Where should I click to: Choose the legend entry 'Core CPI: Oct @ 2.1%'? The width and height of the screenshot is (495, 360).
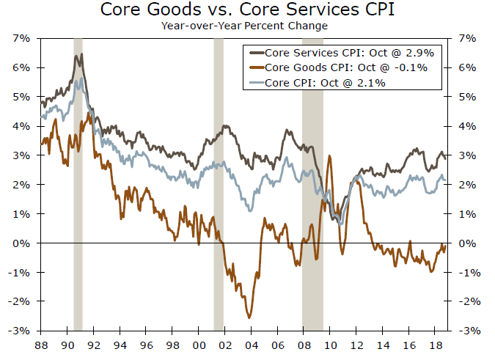tap(326, 83)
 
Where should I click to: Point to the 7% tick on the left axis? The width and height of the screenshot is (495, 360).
tap(21, 38)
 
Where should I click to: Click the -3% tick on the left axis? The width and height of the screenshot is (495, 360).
tap(19, 331)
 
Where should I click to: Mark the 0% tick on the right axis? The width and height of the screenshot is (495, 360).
tap(469, 243)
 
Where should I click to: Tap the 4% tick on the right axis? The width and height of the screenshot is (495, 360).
tap(469, 126)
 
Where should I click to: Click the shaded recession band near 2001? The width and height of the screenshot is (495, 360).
tap(218, 183)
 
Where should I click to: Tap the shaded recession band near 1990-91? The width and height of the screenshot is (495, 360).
tap(78, 183)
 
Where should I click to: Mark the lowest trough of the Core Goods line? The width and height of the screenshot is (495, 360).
tap(251, 317)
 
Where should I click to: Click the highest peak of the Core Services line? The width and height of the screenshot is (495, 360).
tap(81, 54)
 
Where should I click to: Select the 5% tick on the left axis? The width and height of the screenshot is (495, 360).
tap(21, 97)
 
